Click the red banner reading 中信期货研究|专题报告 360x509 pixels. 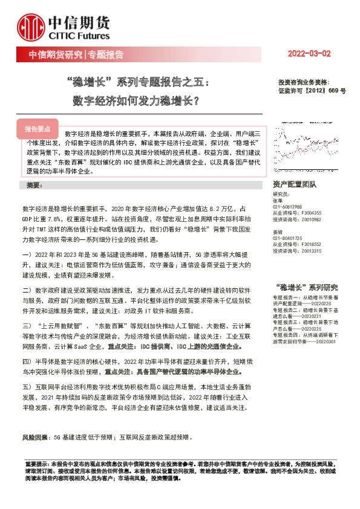(x=76, y=54)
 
